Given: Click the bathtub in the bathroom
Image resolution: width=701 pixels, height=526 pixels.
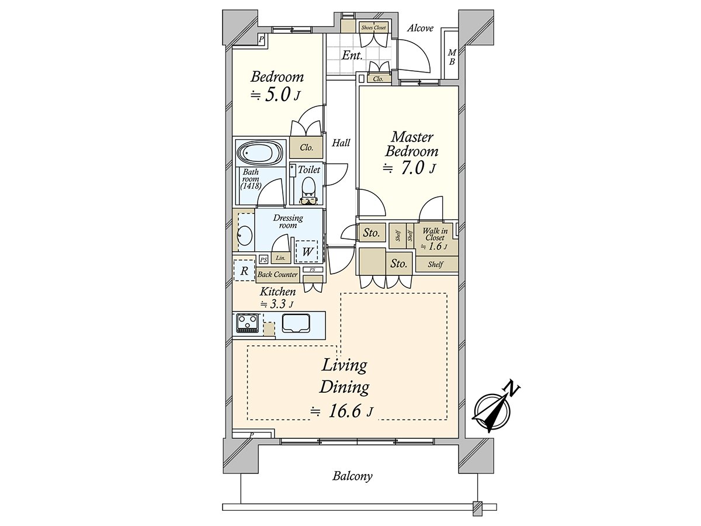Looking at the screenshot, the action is [261, 153].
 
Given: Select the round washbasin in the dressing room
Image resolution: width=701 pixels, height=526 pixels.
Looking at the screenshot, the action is [245, 236].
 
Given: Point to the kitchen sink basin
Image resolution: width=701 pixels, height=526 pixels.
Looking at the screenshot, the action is [296, 323].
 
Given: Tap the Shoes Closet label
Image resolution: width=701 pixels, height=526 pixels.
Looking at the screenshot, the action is [373, 27].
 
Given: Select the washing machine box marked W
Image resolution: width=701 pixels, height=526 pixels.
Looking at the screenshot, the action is [307, 251].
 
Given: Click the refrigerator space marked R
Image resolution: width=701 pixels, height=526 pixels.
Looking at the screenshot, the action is [244, 271].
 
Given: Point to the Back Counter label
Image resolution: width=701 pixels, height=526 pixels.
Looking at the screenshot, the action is [277, 274].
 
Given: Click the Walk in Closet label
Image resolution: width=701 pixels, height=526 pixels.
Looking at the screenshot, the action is [435, 234].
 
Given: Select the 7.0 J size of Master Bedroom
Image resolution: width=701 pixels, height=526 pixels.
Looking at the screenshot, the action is [410, 168].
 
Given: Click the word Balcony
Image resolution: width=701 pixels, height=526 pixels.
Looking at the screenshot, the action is [352, 485].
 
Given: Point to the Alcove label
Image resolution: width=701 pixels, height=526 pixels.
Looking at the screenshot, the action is [420, 28].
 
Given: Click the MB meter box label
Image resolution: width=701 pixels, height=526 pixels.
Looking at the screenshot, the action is [452, 57].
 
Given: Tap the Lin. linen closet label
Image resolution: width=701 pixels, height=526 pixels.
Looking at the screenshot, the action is [280, 258].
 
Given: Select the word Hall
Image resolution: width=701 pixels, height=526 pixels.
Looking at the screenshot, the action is [341, 143].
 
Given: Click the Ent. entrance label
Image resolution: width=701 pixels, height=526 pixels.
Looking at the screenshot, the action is [352, 56].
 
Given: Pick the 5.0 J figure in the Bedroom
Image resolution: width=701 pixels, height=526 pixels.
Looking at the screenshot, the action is [276, 95].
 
